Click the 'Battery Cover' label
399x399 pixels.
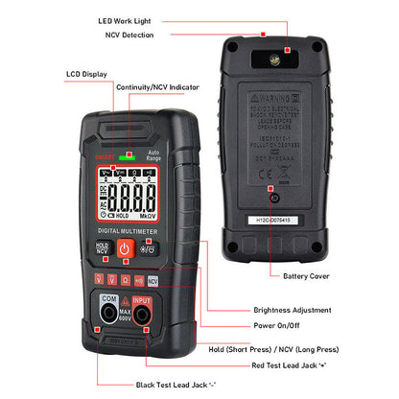[306, 275]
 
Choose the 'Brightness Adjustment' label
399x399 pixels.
[293, 310]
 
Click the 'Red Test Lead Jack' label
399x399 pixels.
[296, 365]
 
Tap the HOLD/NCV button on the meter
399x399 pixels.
[103, 247]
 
